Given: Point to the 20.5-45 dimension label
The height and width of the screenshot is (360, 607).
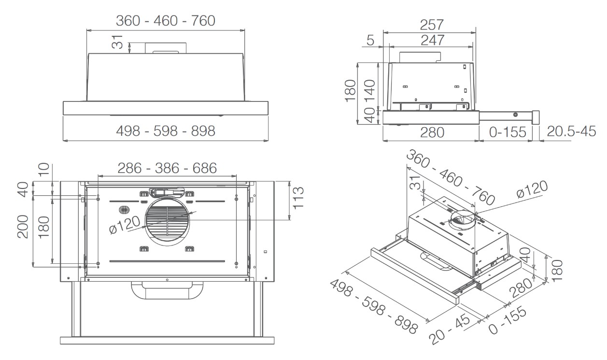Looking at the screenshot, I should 572,131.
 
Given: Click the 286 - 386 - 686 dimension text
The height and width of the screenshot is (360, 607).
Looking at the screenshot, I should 168,168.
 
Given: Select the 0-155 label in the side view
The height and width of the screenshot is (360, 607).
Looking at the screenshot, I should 508,131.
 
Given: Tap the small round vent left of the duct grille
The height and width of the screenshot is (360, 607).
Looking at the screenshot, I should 124,210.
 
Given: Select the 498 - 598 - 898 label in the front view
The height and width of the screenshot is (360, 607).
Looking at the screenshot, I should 166,131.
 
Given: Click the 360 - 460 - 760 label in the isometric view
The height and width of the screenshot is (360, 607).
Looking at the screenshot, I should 450,178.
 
